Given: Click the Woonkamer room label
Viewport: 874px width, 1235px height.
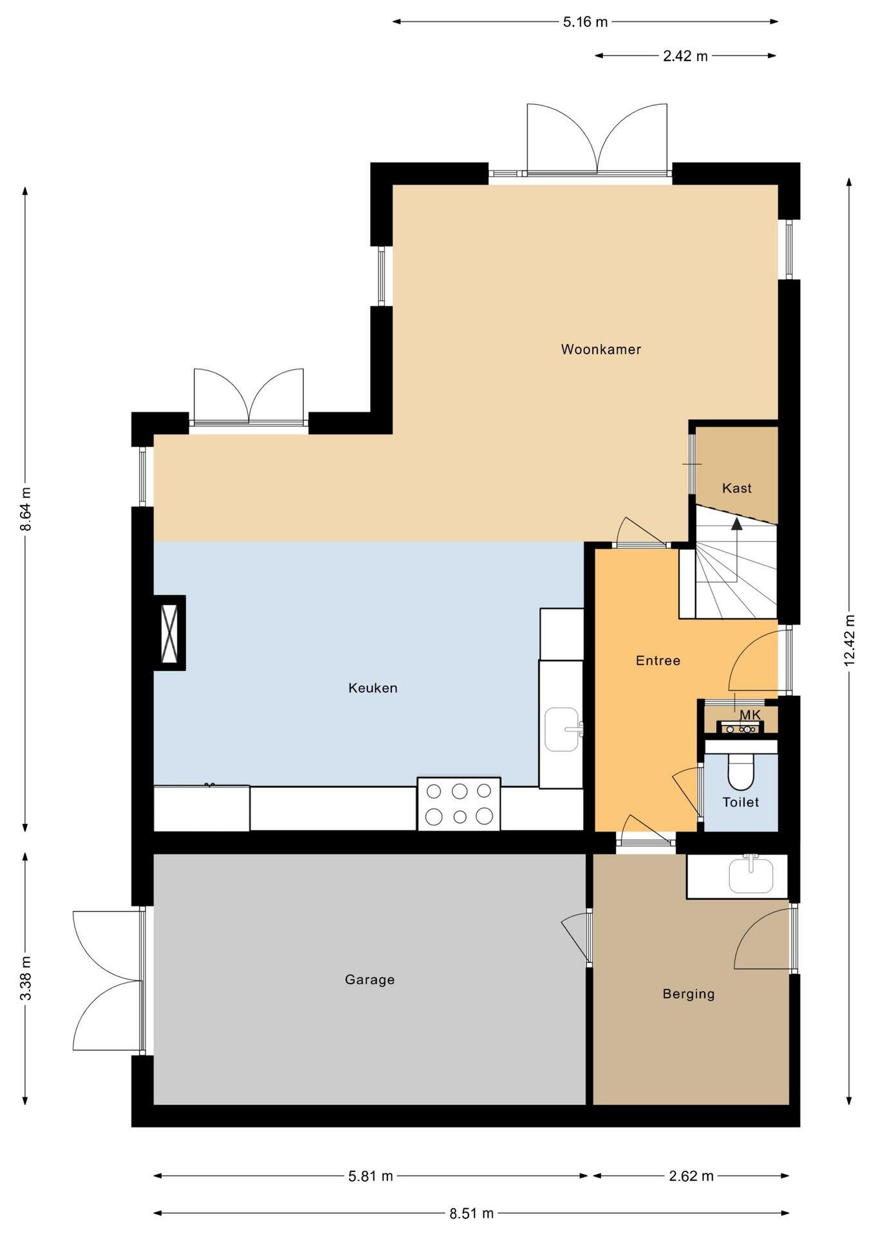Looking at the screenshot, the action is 600,349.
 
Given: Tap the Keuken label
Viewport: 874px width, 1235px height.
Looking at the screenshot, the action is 373,688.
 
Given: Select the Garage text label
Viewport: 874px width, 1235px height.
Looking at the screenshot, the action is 369,980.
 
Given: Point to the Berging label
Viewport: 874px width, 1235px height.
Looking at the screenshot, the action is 689,994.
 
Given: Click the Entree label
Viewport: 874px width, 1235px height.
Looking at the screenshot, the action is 658,661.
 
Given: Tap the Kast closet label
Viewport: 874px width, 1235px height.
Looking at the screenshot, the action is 737,488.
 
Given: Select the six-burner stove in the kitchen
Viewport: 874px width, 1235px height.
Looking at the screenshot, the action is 459,803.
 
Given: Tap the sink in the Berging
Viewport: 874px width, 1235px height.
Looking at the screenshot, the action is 750,875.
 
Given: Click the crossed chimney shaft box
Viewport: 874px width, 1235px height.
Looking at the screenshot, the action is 170,633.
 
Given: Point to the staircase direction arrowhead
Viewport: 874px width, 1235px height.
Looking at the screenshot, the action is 737,523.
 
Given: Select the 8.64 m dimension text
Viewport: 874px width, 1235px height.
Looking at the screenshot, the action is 26,509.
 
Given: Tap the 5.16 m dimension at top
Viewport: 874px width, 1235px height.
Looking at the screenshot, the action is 585,22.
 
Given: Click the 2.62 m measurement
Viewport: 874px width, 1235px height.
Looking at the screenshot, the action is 691,1176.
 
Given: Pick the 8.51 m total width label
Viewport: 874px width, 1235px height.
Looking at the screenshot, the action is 471,1213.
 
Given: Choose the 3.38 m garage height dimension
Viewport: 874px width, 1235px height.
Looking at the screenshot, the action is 26,979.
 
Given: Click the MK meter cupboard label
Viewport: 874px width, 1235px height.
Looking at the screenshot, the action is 750,715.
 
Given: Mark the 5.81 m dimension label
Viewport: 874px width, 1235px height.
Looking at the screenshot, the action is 370,1176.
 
